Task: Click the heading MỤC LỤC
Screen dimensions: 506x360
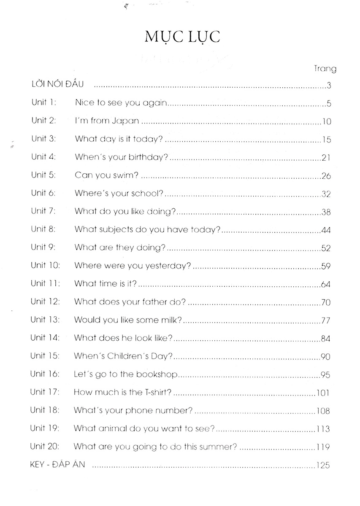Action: click(x=182, y=38)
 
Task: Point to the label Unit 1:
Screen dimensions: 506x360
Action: click(x=44, y=103)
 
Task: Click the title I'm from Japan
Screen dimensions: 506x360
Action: click(x=107, y=121)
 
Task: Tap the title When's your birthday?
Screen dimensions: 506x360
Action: click(x=122, y=157)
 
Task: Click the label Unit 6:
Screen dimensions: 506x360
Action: click(x=45, y=194)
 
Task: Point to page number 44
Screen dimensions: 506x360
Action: click(x=325, y=230)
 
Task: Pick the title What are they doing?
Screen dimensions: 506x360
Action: click(x=120, y=248)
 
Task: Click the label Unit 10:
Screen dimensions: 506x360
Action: click(x=46, y=266)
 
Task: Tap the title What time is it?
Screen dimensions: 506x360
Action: click(x=106, y=284)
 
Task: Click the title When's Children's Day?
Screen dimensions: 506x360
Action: click(x=123, y=356)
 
